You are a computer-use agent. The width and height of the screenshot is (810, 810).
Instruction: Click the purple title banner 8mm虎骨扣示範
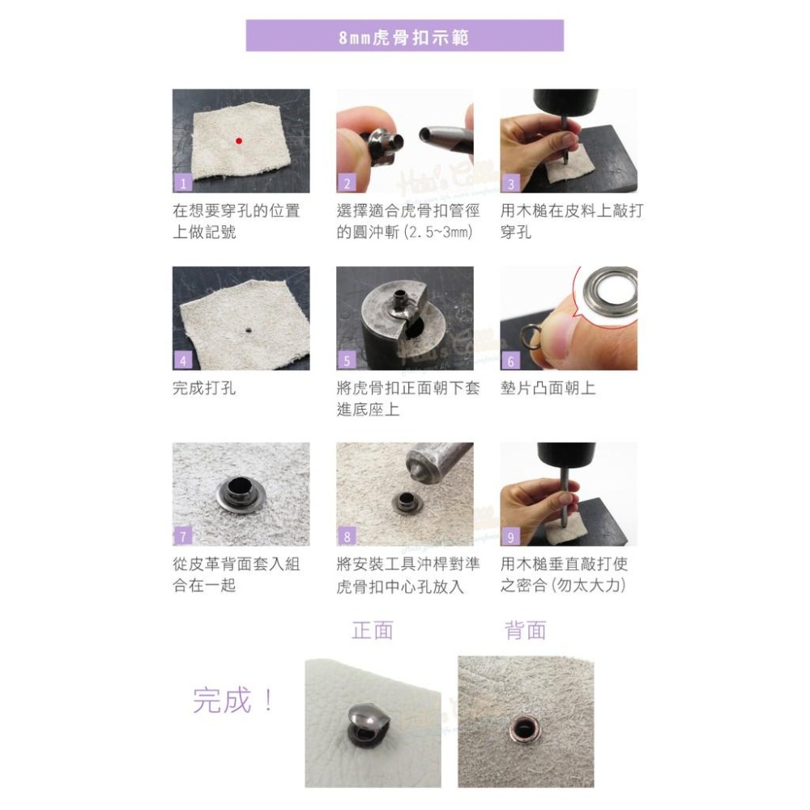(x=404, y=36)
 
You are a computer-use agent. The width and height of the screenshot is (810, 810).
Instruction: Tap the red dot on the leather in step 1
(x=238, y=141)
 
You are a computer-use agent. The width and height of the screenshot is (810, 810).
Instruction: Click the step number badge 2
(x=347, y=184)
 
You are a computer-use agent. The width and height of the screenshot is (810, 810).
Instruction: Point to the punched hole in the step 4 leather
(x=245, y=330)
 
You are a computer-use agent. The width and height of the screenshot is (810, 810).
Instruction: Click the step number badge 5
(x=347, y=361)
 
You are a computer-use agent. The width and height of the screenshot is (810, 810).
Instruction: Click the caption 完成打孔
(x=204, y=388)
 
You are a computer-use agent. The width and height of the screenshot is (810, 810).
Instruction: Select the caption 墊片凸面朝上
(x=548, y=388)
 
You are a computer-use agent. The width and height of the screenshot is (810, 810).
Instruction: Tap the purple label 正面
(x=373, y=630)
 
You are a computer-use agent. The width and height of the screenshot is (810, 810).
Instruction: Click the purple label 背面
(x=525, y=630)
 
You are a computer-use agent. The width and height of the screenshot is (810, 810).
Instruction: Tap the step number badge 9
(x=510, y=537)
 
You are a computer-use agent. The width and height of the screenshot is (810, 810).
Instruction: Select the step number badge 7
(x=183, y=537)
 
